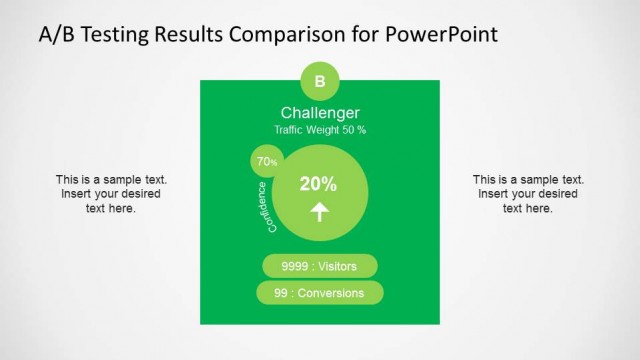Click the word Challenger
tap(320, 113)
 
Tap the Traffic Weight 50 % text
tap(320, 130)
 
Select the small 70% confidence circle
tap(267, 161)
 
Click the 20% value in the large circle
tap(318, 184)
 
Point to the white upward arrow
tap(320, 211)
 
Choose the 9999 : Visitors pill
tap(320, 266)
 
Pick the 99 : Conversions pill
tap(320, 293)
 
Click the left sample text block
tap(111, 194)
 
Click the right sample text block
tap(527, 194)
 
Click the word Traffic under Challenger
tap(293, 130)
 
